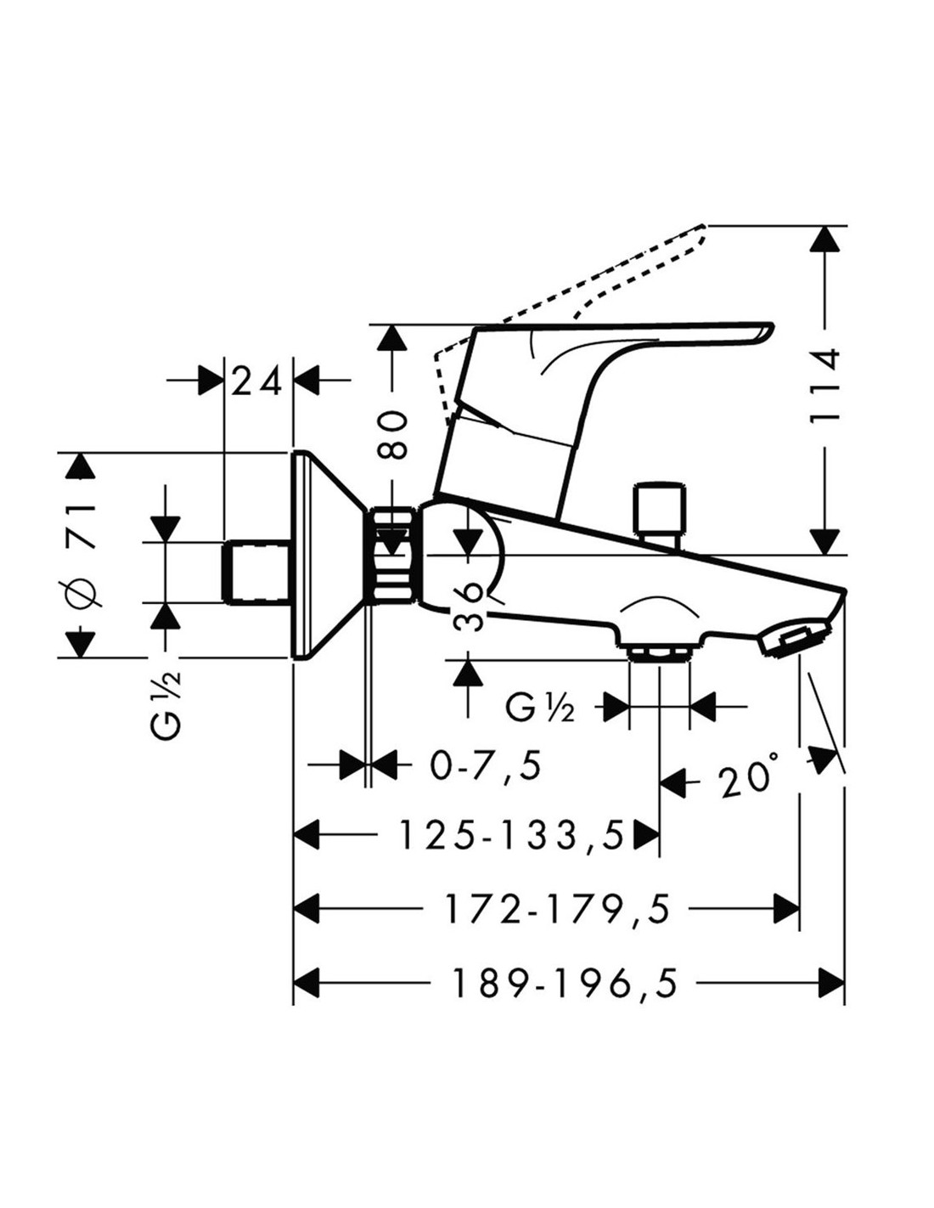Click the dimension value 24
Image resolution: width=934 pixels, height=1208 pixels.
(x=257, y=383)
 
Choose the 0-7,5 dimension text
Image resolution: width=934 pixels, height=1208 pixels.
(x=485, y=765)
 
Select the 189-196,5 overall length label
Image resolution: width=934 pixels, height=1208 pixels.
(x=565, y=984)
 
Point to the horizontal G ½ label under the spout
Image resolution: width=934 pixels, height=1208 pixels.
(x=539, y=707)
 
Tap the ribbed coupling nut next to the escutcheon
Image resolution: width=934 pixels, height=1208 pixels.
(x=394, y=556)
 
